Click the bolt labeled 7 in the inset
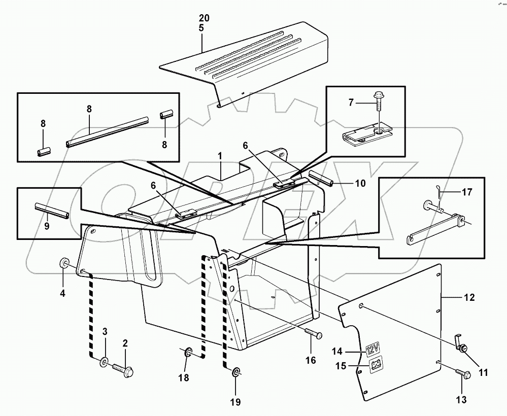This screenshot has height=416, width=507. click(x=379, y=103)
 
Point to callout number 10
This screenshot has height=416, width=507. click(x=360, y=183)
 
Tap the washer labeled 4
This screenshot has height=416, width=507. click(x=65, y=263)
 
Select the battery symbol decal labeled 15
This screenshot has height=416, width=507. click(x=376, y=364)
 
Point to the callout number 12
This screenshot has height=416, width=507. click(x=469, y=298)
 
